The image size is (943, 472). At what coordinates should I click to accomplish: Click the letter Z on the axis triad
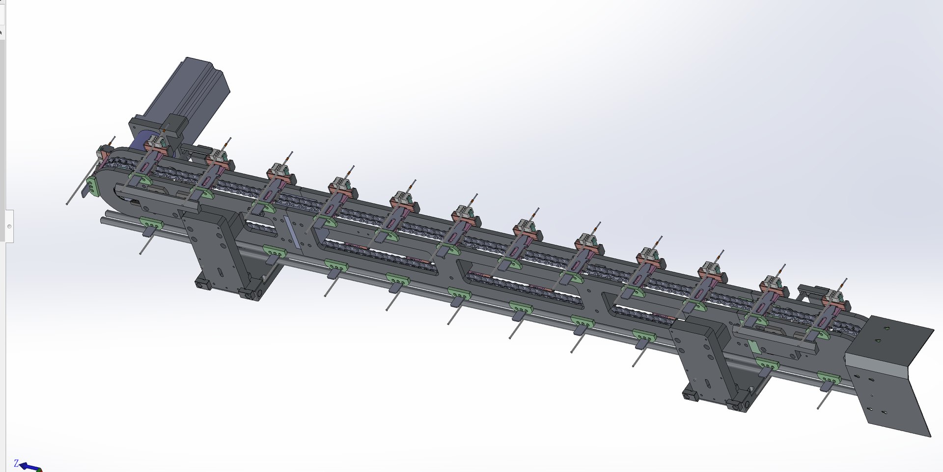click(16, 463)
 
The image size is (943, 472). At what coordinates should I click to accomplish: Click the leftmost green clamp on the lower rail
click(151, 224)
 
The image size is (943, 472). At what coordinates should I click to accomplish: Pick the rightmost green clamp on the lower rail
click(829, 378)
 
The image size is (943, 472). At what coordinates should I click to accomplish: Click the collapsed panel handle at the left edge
click(9, 226)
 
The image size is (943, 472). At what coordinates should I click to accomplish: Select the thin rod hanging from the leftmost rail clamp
click(144, 245)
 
